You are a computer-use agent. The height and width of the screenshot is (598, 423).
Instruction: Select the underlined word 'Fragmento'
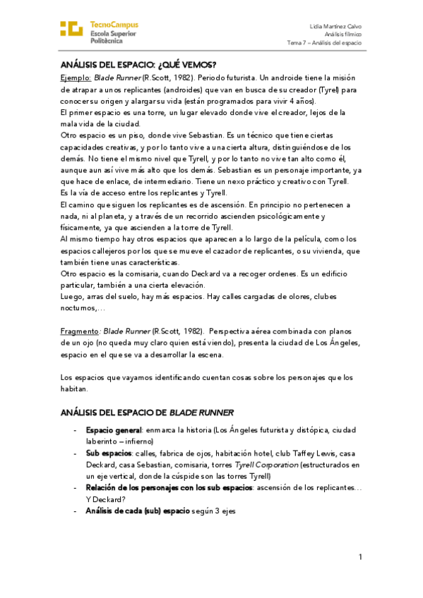pos(78,331)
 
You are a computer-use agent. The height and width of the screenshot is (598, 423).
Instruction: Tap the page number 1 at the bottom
pos(360,557)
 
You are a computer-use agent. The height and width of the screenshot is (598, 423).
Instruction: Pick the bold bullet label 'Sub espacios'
pos(107,454)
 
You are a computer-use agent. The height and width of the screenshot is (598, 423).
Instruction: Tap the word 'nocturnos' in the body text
pos(79,307)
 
